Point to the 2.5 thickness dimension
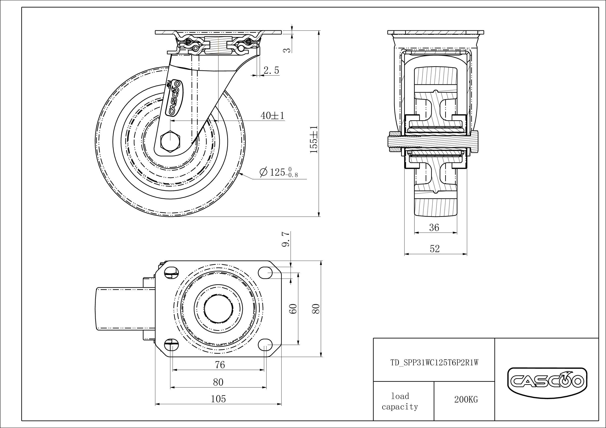click(271, 70)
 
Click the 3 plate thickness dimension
click(288, 49)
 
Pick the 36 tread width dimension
click(434, 227)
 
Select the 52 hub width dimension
click(435, 249)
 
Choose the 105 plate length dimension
click(218, 399)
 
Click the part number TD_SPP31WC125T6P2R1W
click(434, 363)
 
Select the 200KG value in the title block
click(466, 399)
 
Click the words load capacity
click(400, 401)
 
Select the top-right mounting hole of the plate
click(265, 273)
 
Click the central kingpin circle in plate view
click(218, 309)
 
